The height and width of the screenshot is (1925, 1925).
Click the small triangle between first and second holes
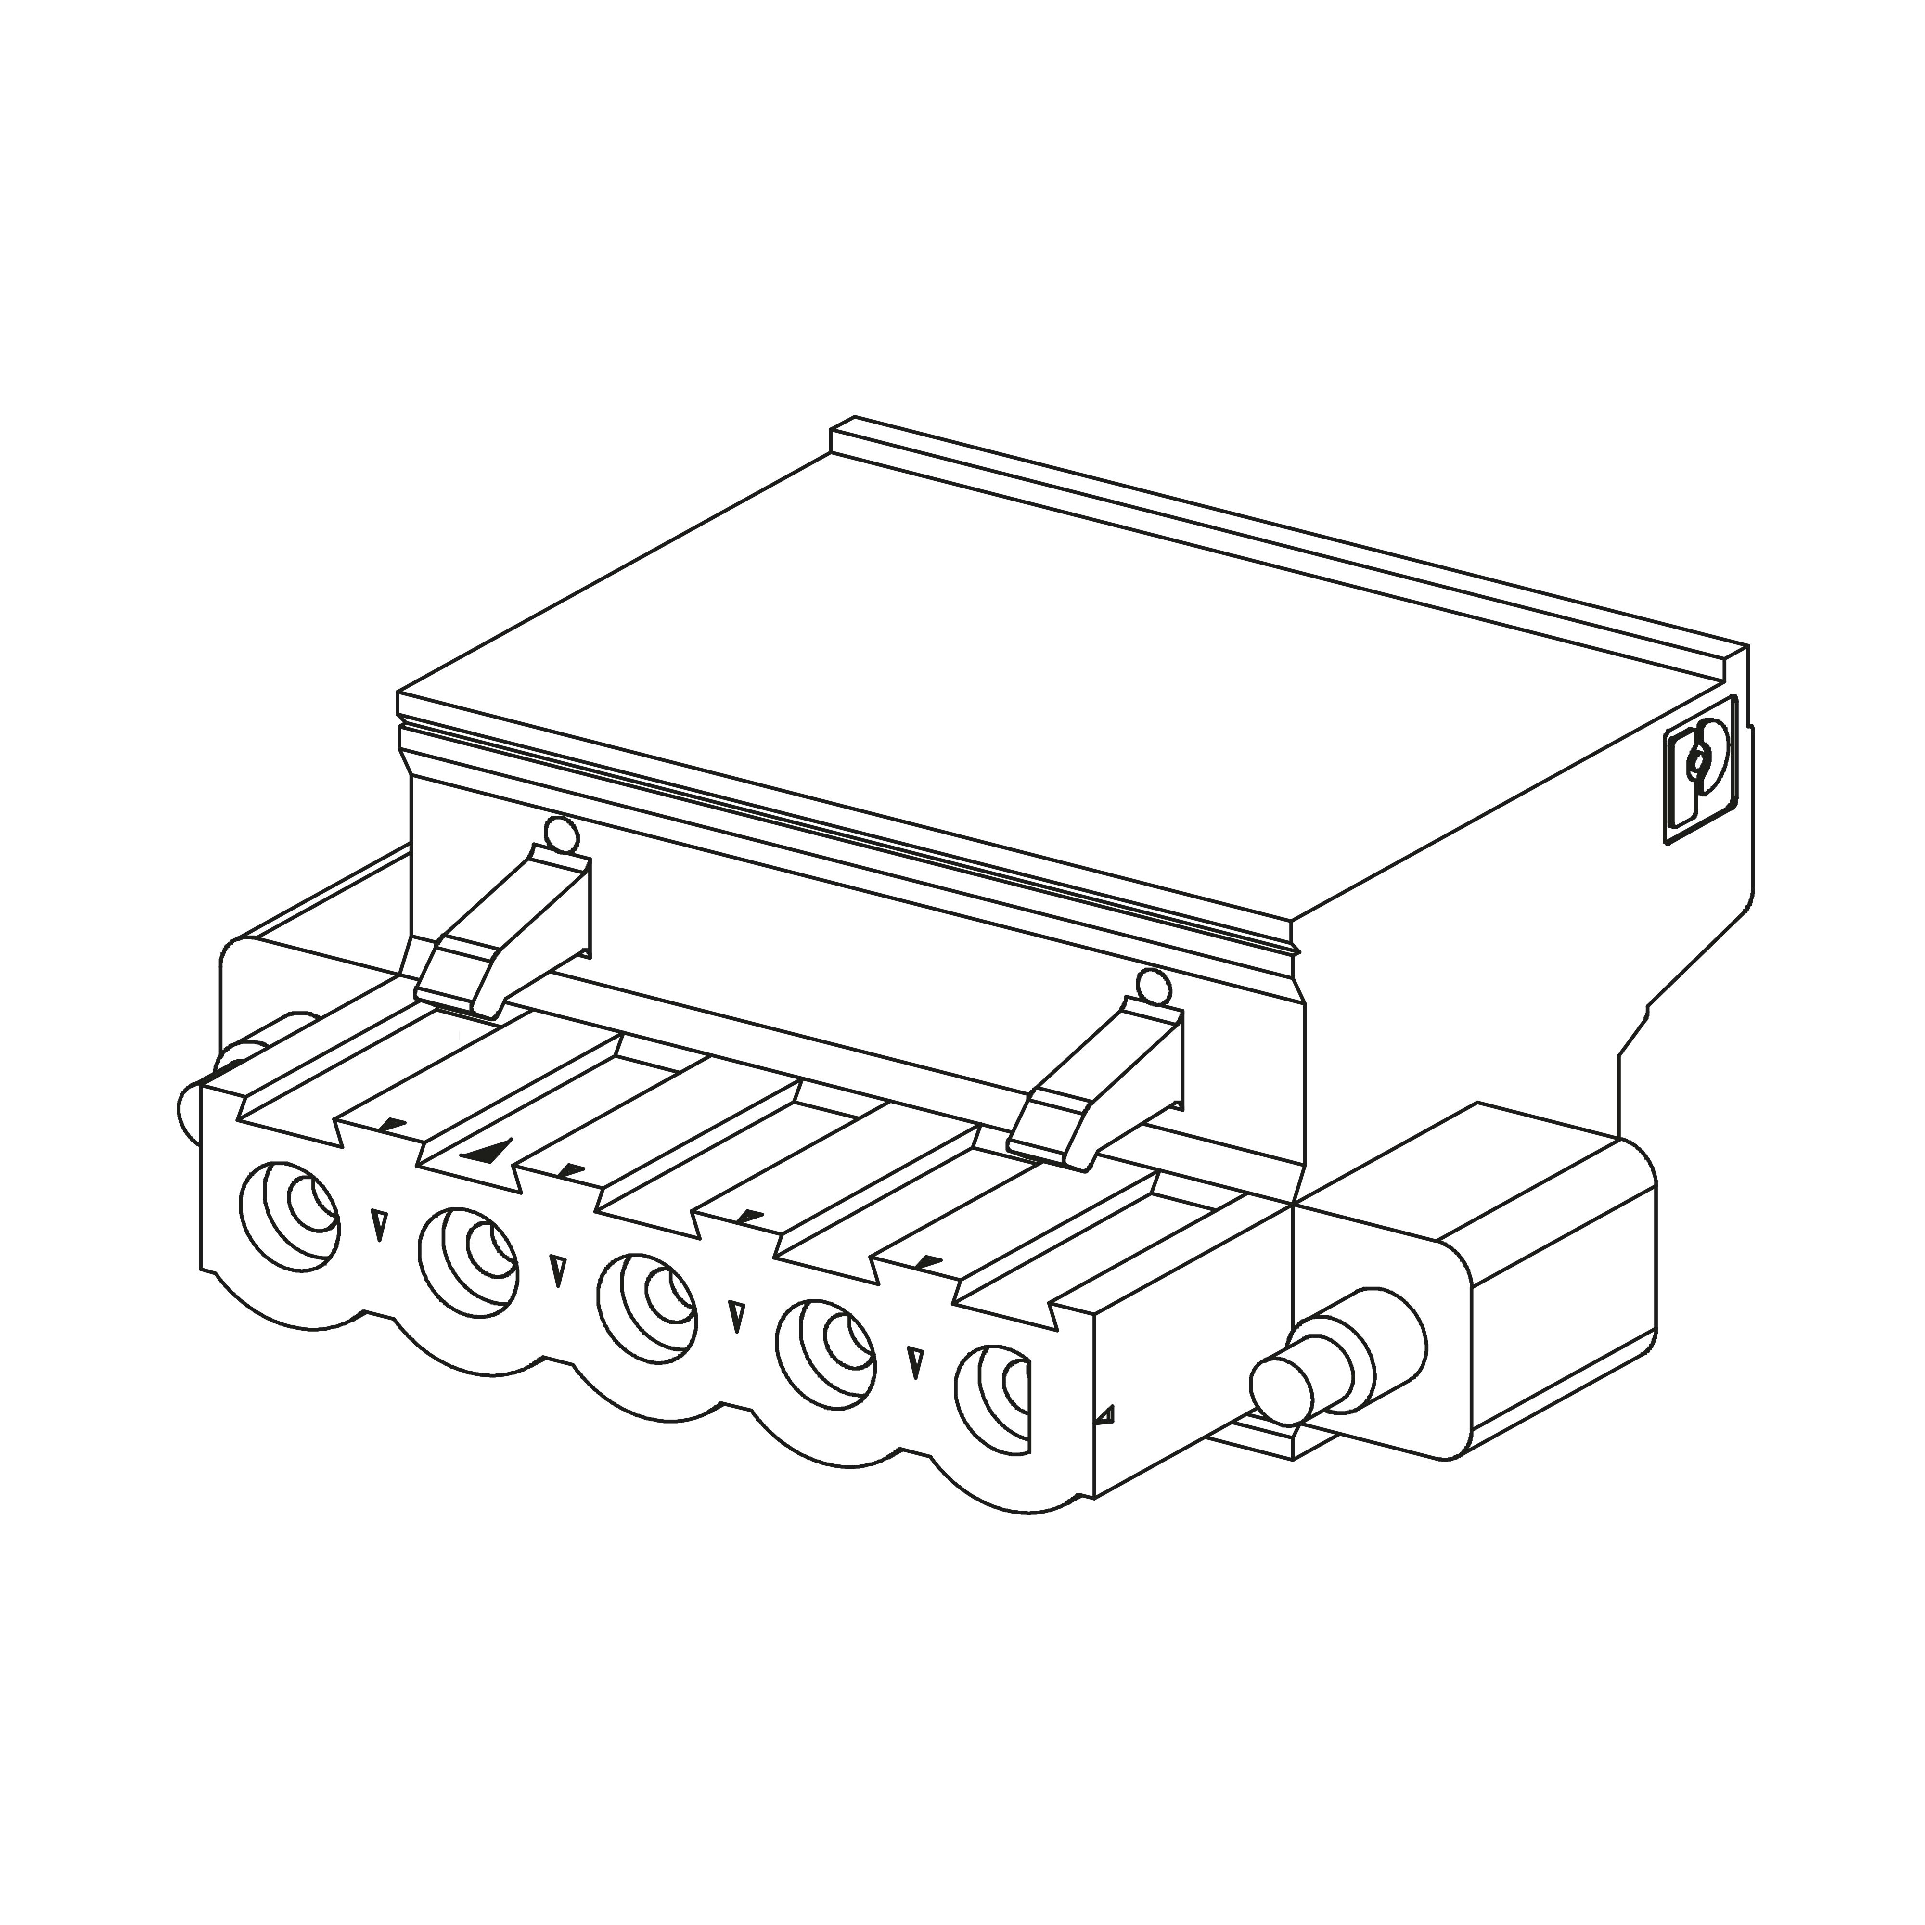(x=379, y=1223)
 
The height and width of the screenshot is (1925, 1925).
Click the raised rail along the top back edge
(x=1285, y=538)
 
